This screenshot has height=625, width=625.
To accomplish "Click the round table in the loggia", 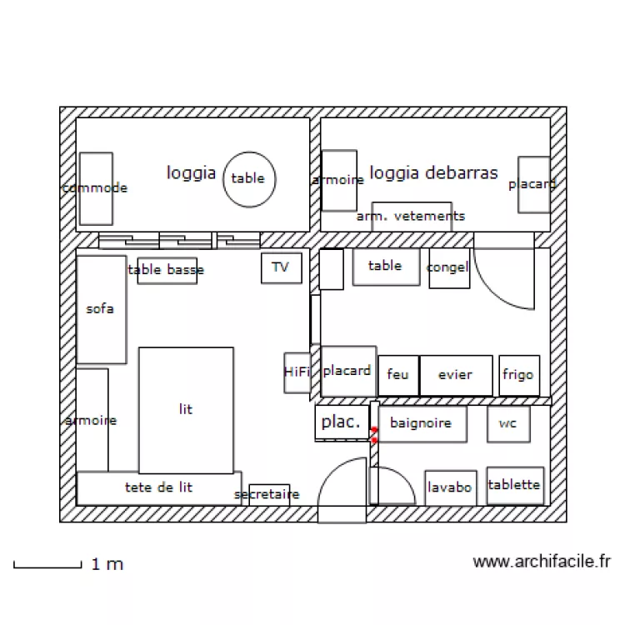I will [x=248, y=178].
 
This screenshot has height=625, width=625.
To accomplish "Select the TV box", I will [x=281, y=267].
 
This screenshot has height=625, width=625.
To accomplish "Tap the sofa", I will [x=101, y=309].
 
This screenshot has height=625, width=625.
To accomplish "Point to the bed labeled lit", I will [x=186, y=410].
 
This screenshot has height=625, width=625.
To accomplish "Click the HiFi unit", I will [x=297, y=372].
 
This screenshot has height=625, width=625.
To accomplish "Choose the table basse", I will [x=167, y=270].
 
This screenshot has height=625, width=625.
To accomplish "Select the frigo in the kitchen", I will [x=518, y=375].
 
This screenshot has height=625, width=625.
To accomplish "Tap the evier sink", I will [x=456, y=375].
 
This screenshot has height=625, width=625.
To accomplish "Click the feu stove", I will [x=398, y=375].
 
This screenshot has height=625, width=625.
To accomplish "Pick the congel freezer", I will [x=448, y=268].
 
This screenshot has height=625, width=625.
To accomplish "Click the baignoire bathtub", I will [x=422, y=423].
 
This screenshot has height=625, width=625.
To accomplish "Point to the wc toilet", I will [x=508, y=423].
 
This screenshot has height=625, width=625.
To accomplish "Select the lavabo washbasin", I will [x=450, y=487].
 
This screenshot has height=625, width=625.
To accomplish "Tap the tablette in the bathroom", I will [x=514, y=485].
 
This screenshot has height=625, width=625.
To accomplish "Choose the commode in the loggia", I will [x=96, y=188].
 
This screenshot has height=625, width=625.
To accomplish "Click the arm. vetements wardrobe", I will [x=412, y=216].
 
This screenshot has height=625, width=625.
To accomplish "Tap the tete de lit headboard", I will [x=158, y=487].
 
